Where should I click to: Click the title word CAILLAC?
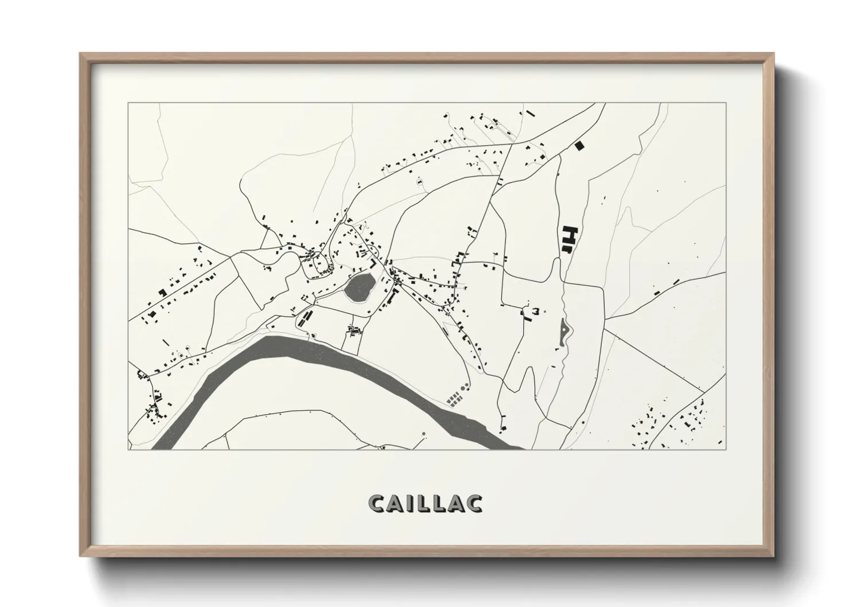pos(425,503)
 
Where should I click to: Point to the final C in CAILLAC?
pos(474,503)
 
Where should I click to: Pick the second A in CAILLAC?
pos(456,503)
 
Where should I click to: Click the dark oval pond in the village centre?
pos(359,286)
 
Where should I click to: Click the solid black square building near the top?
pos(580,146)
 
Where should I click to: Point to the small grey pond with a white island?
pos(564,332)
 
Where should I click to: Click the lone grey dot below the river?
pos(423,434)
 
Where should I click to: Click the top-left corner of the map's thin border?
pos(128,103)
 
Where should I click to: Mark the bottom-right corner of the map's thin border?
pos(726,449)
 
